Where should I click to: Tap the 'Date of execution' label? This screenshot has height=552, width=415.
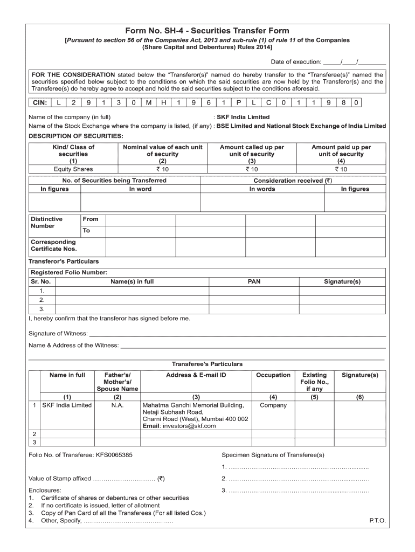point(296,61)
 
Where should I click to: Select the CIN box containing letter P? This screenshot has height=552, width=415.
point(238,102)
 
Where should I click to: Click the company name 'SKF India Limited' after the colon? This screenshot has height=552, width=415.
point(243,117)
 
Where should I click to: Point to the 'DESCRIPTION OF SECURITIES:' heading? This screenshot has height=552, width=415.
point(75,135)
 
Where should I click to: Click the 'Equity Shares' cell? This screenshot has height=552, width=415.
point(73,169)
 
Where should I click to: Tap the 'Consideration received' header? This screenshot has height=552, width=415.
point(293,181)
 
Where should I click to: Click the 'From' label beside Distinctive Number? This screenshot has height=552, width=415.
point(91,219)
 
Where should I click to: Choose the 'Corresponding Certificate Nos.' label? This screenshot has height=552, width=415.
point(53,245)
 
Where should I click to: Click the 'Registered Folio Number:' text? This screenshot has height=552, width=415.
point(69,272)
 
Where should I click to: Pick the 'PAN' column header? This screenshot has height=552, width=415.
point(254,281)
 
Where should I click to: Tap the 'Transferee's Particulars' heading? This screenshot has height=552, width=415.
point(207,364)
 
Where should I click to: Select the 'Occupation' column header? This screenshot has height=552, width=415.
point(273,375)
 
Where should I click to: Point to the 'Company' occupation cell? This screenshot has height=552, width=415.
point(273,405)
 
